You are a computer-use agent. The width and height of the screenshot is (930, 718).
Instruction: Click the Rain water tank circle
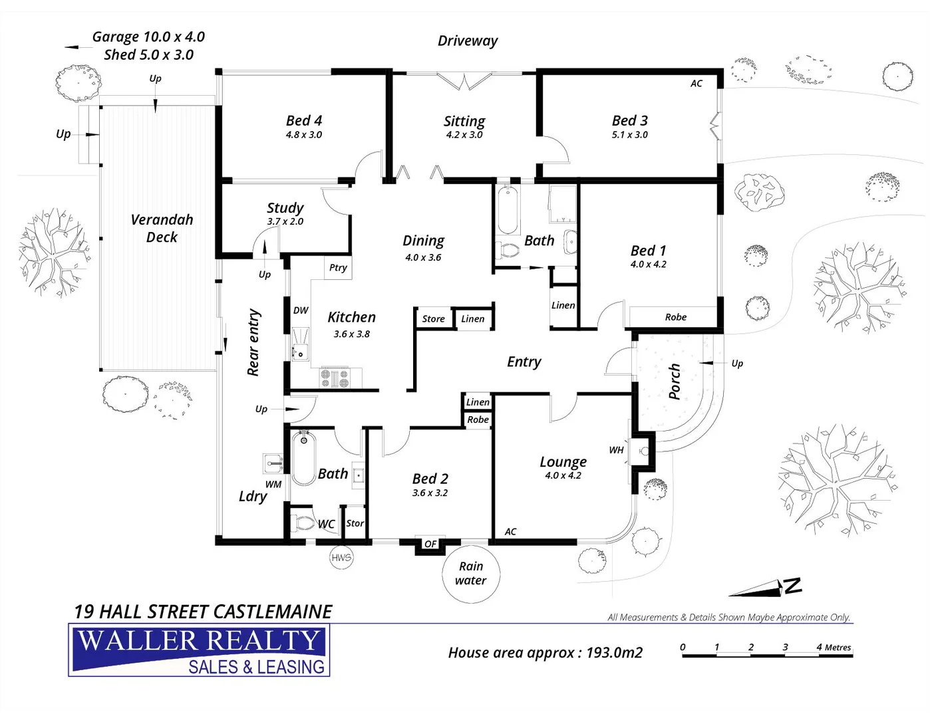(x=471, y=573)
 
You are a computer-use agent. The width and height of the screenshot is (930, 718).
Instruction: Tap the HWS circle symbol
(x=341, y=557)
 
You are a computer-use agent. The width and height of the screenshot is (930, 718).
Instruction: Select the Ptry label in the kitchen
(x=338, y=267)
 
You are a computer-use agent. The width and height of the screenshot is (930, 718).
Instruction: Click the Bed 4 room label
(x=304, y=120)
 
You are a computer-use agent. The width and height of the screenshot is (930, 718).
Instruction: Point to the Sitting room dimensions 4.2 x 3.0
(x=464, y=135)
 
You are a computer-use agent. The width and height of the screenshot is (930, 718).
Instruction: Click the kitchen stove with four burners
(x=335, y=378)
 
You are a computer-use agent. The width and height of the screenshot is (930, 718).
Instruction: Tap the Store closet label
(x=433, y=319)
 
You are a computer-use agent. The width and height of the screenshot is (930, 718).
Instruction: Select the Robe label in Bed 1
(x=675, y=317)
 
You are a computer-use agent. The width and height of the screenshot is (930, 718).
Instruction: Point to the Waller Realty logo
(x=199, y=650)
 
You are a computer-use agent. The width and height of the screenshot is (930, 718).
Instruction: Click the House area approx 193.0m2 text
(x=545, y=653)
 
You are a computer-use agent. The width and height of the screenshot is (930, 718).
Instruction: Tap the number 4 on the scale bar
(x=819, y=647)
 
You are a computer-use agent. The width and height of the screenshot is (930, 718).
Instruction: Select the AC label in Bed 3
(x=696, y=84)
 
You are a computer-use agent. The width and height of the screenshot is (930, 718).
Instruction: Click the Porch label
(x=674, y=382)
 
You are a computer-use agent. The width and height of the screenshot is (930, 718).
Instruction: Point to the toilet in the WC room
(x=304, y=523)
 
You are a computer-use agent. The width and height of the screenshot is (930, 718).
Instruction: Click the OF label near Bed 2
(x=430, y=544)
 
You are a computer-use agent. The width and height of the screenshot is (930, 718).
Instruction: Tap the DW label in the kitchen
(x=301, y=310)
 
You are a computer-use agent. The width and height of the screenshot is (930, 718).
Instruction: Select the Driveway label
(x=467, y=41)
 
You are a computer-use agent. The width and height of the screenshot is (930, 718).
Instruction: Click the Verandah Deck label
(x=162, y=228)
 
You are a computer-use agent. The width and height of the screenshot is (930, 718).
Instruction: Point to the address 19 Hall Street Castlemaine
(x=203, y=612)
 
